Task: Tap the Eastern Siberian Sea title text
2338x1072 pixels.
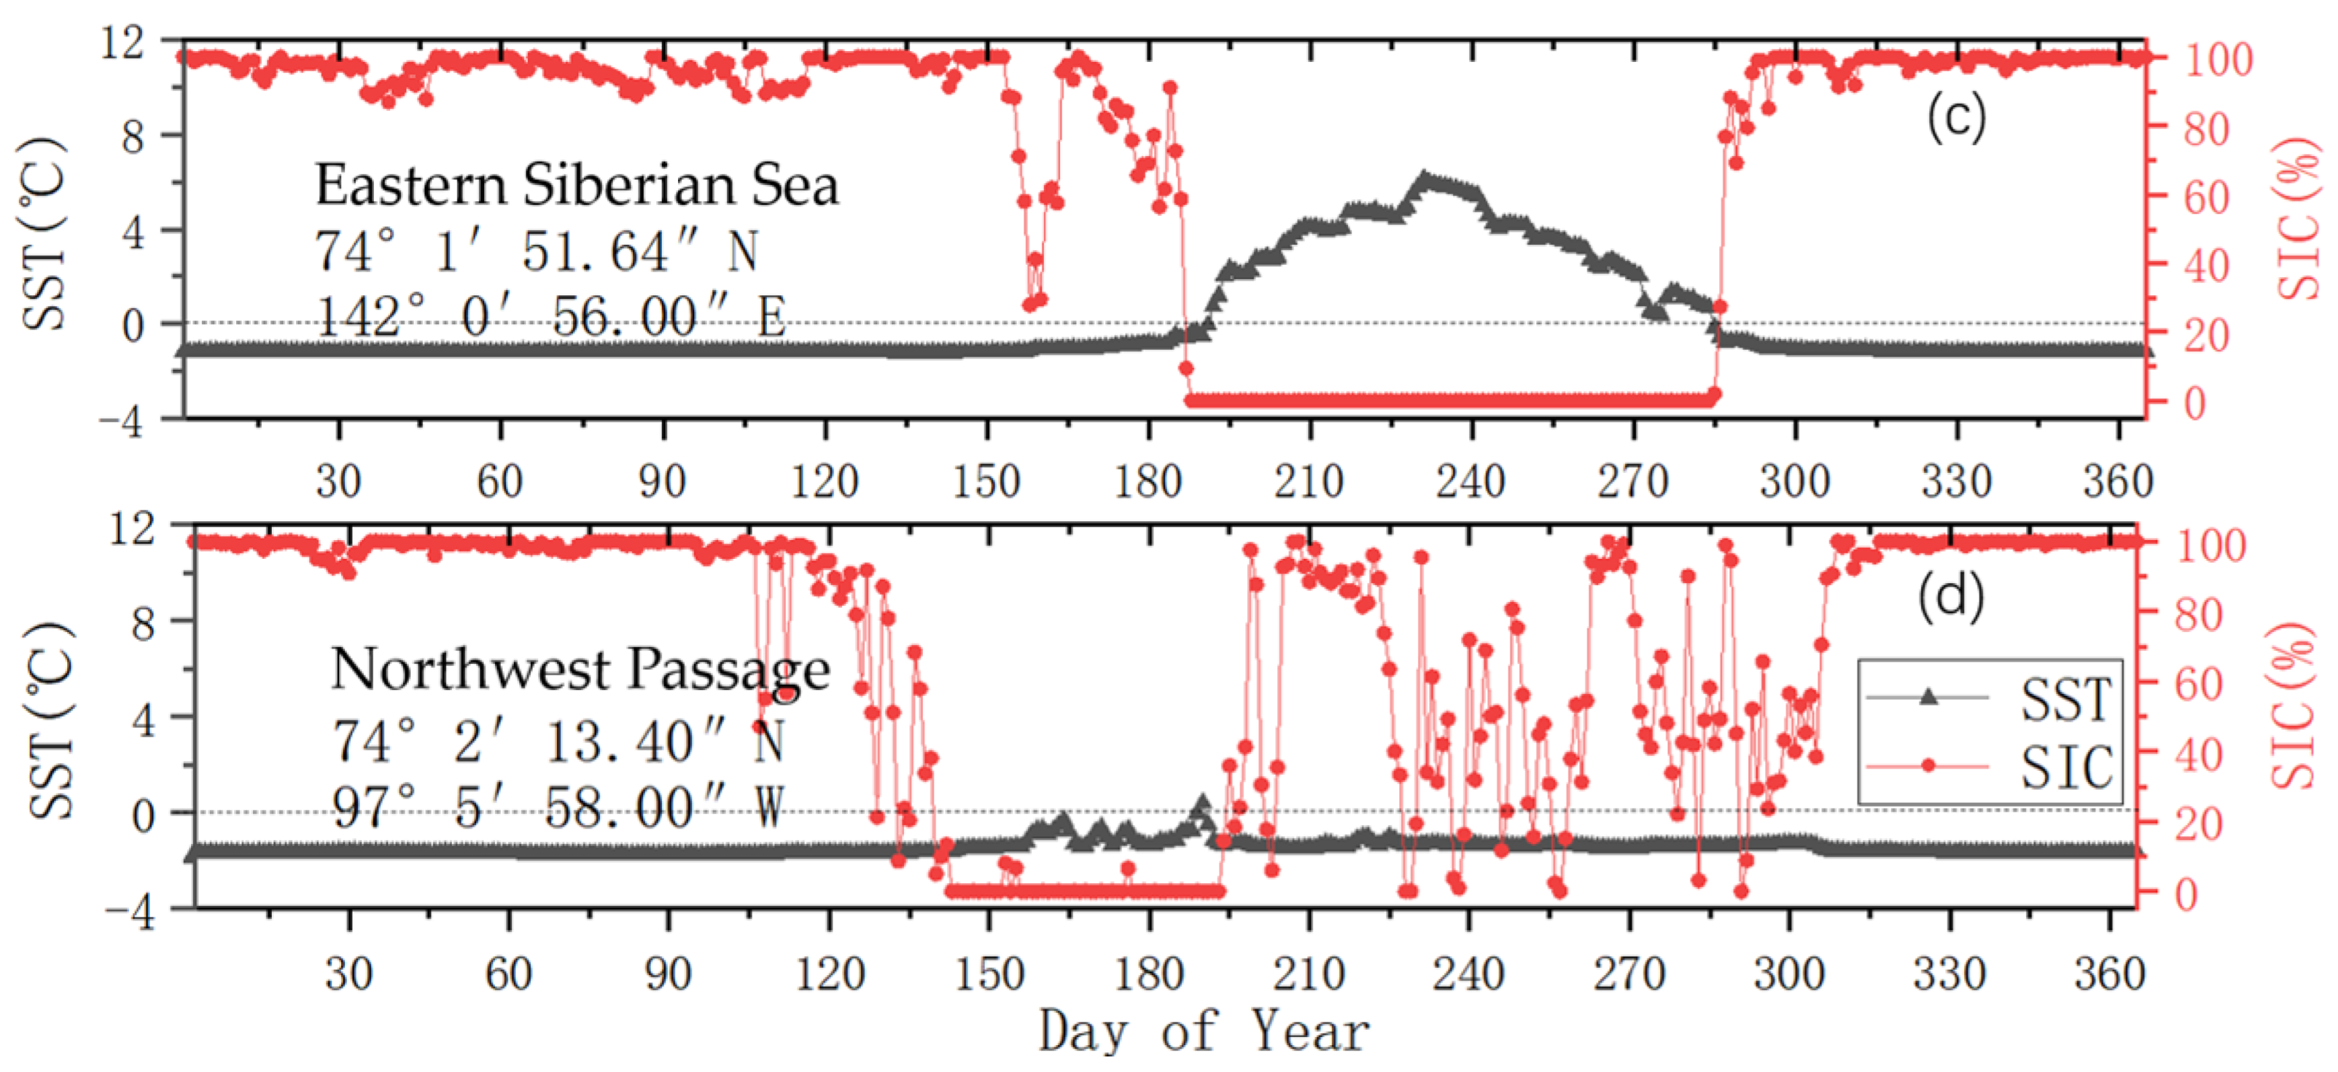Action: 576,185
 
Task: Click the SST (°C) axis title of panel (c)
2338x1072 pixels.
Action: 45,234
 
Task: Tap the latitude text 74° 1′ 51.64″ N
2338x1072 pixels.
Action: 536,252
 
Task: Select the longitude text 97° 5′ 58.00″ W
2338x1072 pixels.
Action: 558,807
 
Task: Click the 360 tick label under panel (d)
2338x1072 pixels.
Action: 2109,974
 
